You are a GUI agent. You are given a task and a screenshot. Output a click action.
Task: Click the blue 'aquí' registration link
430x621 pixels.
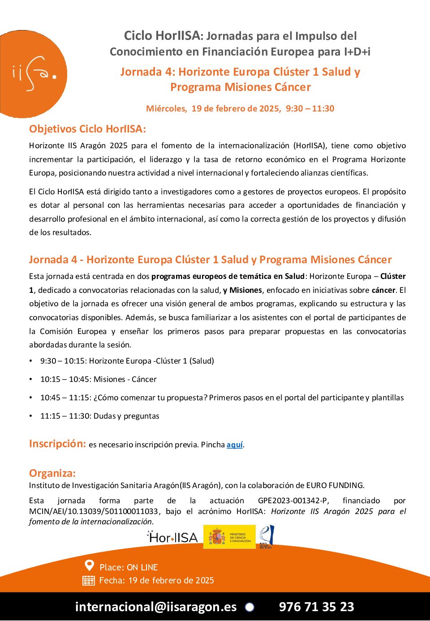[234, 445]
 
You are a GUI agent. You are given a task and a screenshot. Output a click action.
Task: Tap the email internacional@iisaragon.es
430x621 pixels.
[155, 607]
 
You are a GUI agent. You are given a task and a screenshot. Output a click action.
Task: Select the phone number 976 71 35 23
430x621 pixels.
[316, 607]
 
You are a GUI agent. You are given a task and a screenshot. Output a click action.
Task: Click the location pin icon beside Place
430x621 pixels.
[89, 566]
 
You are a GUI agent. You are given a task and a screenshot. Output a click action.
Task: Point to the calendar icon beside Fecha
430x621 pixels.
[89, 581]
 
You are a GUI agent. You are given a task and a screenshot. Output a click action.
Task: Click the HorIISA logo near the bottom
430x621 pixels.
[172, 537]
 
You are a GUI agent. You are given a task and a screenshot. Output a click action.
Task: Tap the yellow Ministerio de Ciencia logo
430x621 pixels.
[229, 537]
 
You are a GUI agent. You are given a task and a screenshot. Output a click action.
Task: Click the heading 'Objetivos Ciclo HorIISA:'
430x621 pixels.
[87, 129]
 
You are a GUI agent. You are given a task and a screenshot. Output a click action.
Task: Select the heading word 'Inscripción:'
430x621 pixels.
[57, 444]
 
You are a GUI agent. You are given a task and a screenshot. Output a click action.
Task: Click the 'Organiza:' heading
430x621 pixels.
[52, 473]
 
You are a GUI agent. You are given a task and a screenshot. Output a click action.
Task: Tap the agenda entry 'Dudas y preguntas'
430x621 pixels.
[126, 416]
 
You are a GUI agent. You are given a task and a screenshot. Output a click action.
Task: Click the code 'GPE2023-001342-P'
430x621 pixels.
[293, 501]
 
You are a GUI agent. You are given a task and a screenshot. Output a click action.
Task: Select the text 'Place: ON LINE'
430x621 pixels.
[129, 567]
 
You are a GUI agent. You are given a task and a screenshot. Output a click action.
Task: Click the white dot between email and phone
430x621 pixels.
[249, 607]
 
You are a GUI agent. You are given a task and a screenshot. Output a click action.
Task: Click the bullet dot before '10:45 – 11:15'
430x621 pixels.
[31, 398]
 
